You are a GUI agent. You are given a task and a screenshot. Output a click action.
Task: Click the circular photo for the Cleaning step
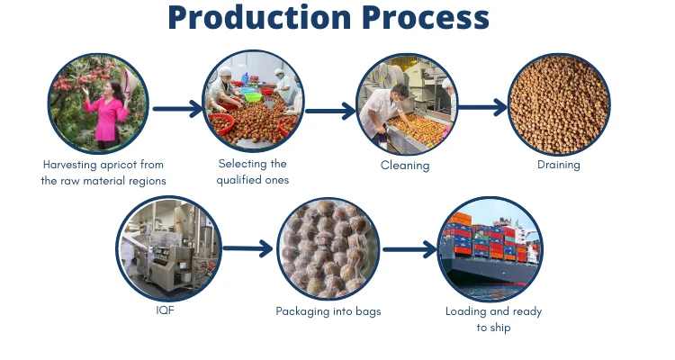point(405,104)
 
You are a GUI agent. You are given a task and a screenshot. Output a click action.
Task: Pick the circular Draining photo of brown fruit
point(559,104)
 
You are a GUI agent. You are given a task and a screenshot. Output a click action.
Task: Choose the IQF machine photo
point(168,248)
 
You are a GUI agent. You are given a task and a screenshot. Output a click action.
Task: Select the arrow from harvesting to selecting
point(177,110)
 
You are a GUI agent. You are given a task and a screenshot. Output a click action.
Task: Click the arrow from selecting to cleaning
point(330,112)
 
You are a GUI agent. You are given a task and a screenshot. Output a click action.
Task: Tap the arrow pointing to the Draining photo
point(482,108)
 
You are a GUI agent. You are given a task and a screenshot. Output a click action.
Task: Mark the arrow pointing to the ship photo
point(409,249)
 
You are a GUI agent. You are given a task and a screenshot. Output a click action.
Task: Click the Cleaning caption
point(405,166)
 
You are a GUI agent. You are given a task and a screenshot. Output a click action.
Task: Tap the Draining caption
point(559,165)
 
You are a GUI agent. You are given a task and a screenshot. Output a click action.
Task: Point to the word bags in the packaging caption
point(367,311)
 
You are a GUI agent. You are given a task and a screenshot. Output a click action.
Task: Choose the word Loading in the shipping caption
point(466,311)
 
